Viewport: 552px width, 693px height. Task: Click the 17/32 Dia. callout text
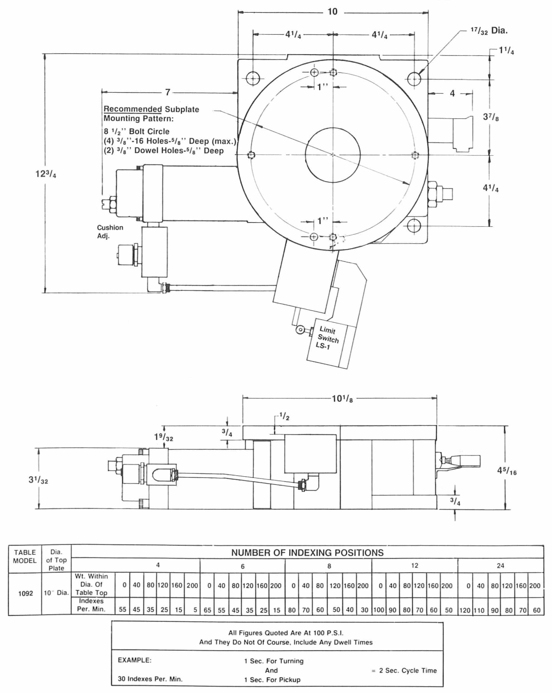coord(489,31)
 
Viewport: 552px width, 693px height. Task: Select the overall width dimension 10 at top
coord(332,12)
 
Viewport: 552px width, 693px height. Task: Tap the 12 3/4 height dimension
coord(46,174)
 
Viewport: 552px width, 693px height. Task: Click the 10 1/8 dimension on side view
coord(342,399)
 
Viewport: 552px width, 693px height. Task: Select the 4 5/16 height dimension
coord(507,471)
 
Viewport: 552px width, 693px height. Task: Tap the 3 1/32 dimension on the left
coord(38,480)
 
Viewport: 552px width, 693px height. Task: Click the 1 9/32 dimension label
coord(163,437)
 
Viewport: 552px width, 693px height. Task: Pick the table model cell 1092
coord(25,593)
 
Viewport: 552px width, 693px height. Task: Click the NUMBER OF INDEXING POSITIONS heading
coord(307,552)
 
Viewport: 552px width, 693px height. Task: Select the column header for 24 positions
coord(500,566)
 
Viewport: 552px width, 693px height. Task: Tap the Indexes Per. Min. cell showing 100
coord(378,610)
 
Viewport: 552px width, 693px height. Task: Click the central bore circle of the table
coord(332,155)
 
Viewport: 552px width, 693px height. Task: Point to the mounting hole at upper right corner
coord(414,78)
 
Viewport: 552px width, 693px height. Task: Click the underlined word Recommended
coord(132,109)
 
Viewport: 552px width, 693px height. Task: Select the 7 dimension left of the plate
coord(168,93)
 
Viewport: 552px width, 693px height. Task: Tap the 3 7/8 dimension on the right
coord(490,117)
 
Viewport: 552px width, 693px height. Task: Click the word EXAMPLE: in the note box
coord(134,660)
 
